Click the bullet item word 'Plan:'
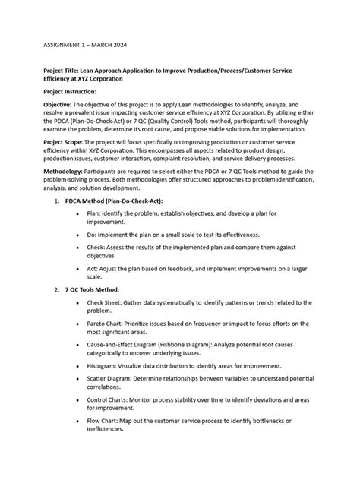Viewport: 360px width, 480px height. (x=94, y=214)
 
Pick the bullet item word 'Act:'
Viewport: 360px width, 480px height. (x=93, y=270)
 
